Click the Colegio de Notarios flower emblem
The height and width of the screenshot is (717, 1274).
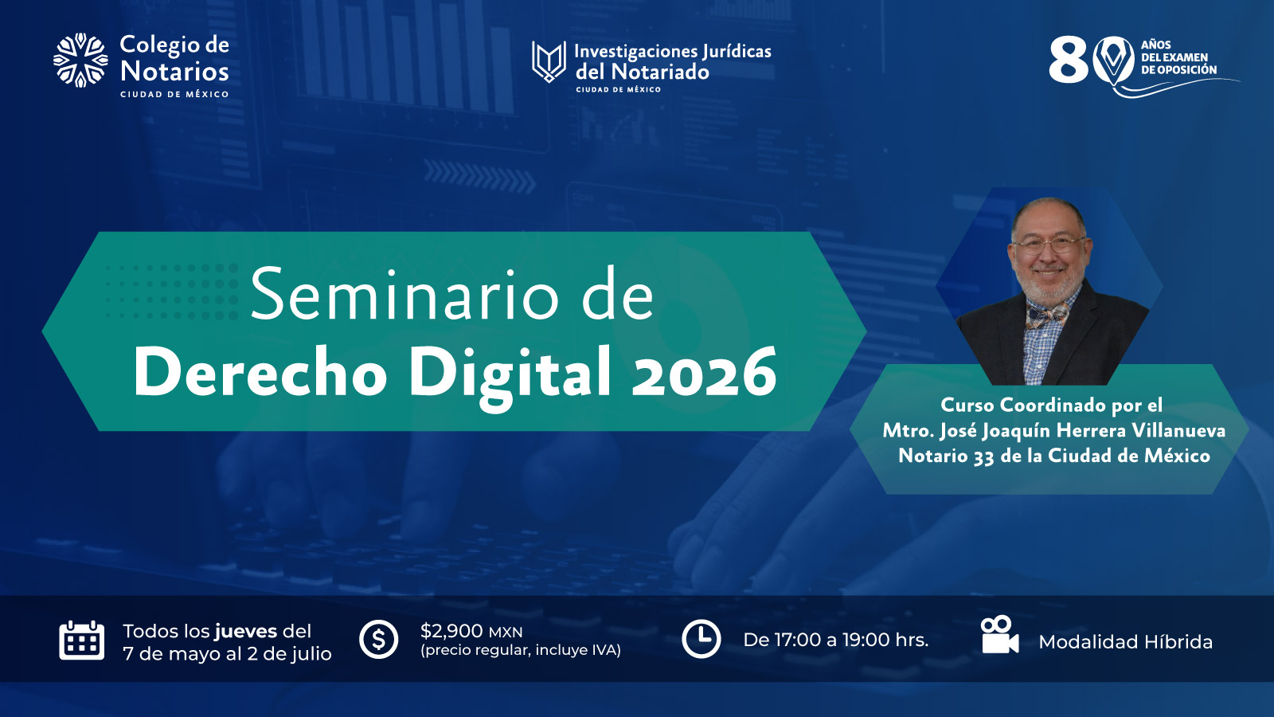80,61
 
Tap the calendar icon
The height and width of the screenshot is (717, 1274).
82,641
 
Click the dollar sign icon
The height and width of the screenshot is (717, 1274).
378,639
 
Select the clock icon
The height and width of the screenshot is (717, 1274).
701,639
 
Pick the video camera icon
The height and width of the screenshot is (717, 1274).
999,635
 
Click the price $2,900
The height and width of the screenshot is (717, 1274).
451,630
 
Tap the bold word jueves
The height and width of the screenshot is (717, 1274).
246,632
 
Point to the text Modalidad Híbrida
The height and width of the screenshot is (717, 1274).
1126,642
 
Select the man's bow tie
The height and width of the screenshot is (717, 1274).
1047,316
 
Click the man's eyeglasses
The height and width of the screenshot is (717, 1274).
1048,245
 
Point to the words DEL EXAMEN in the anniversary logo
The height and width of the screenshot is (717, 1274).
1174,57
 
